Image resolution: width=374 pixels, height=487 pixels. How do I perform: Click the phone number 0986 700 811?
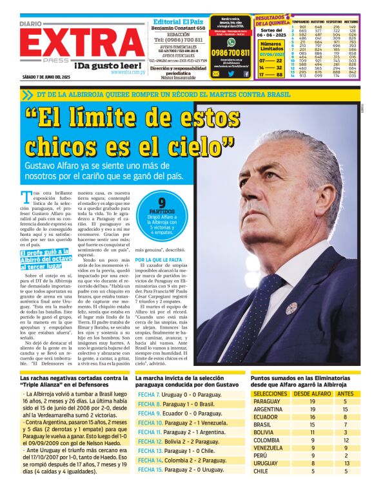coord(230,52)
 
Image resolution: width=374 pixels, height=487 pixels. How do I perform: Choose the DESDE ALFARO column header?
coord(311,392)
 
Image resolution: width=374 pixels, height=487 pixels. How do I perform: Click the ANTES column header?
coord(345,392)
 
